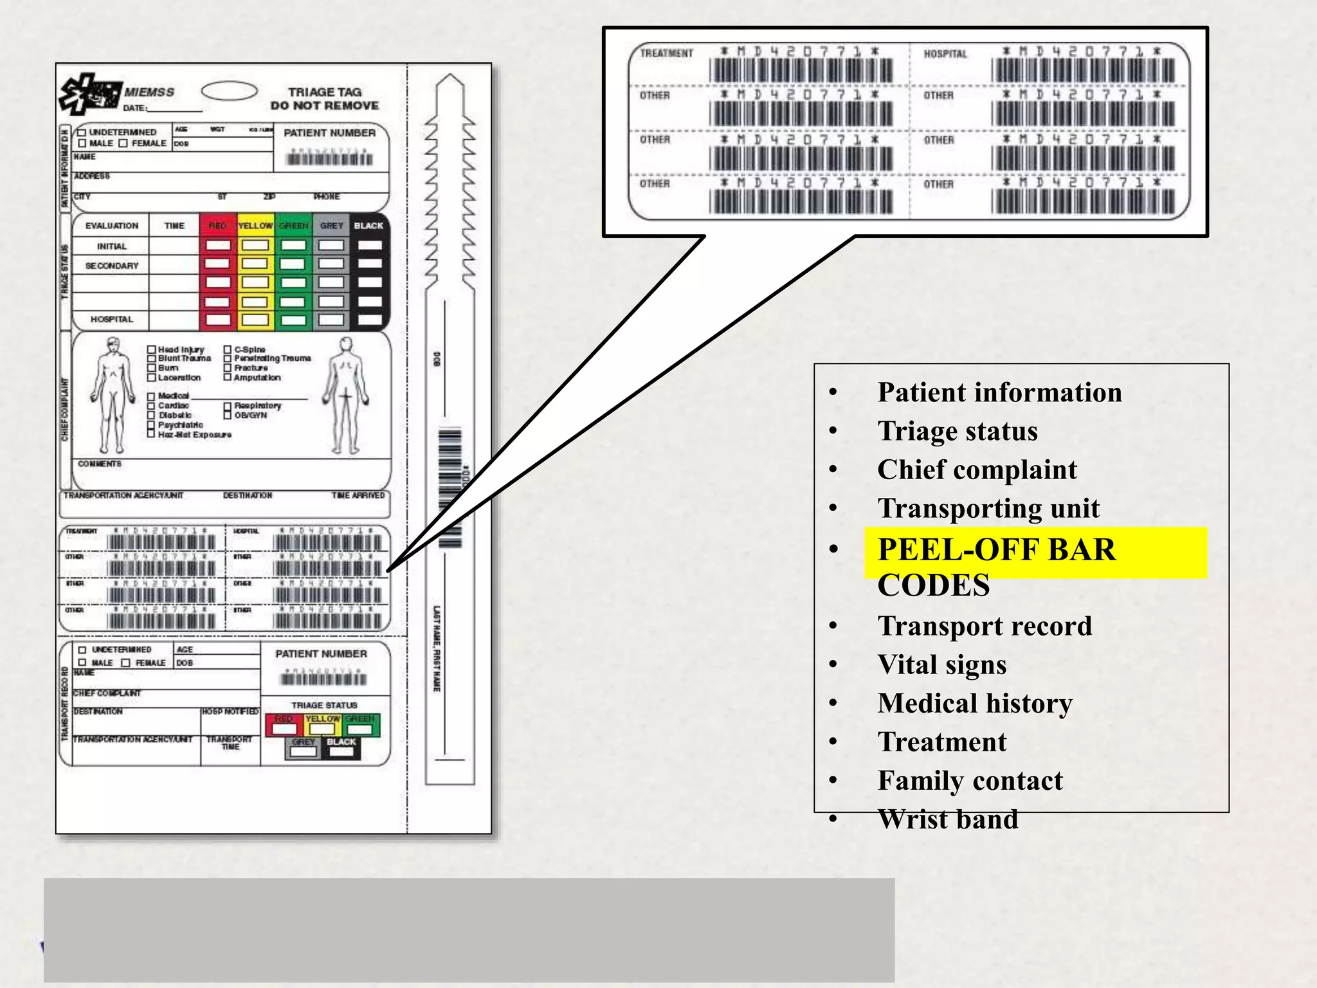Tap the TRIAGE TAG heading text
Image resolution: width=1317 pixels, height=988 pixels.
point(325,92)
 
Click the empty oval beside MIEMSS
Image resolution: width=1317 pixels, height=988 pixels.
point(229,91)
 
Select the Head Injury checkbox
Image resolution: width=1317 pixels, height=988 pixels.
point(152,350)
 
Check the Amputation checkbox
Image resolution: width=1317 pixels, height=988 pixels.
point(227,378)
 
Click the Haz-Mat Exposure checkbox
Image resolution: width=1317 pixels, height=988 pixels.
point(152,435)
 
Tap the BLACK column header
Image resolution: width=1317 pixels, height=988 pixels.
point(368,226)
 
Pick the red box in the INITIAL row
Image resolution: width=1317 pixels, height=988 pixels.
point(218,246)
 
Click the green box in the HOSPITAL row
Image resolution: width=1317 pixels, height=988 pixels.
point(293,320)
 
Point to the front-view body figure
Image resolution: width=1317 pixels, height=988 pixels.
point(113,396)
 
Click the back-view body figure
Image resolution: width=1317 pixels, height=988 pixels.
point(346,396)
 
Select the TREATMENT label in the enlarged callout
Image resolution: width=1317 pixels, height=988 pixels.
point(666,53)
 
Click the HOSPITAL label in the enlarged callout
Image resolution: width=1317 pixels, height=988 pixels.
point(945,54)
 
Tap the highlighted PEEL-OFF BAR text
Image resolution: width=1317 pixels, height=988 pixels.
point(996,551)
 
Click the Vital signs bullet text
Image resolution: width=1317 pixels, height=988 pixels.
point(941,664)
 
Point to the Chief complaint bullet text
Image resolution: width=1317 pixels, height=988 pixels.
point(976,470)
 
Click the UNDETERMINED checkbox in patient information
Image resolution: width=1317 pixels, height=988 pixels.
point(82,133)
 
